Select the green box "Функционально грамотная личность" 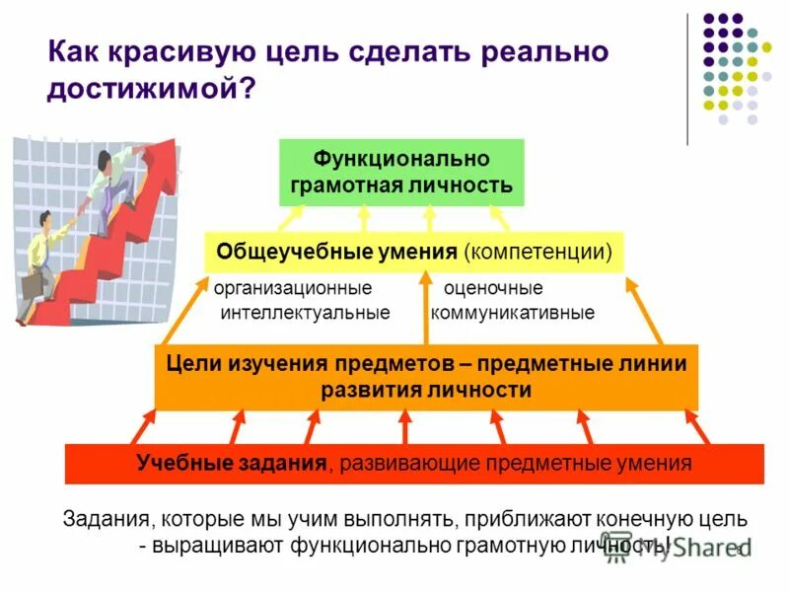click(401, 172)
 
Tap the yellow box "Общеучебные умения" click(414, 252)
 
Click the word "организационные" click(293, 289)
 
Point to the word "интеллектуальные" click(305, 313)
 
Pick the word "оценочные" click(493, 289)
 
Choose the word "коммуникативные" click(513, 313)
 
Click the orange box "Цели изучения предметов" click(426, 377)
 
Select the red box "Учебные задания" click(414, 463)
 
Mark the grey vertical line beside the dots click(687, 79)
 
